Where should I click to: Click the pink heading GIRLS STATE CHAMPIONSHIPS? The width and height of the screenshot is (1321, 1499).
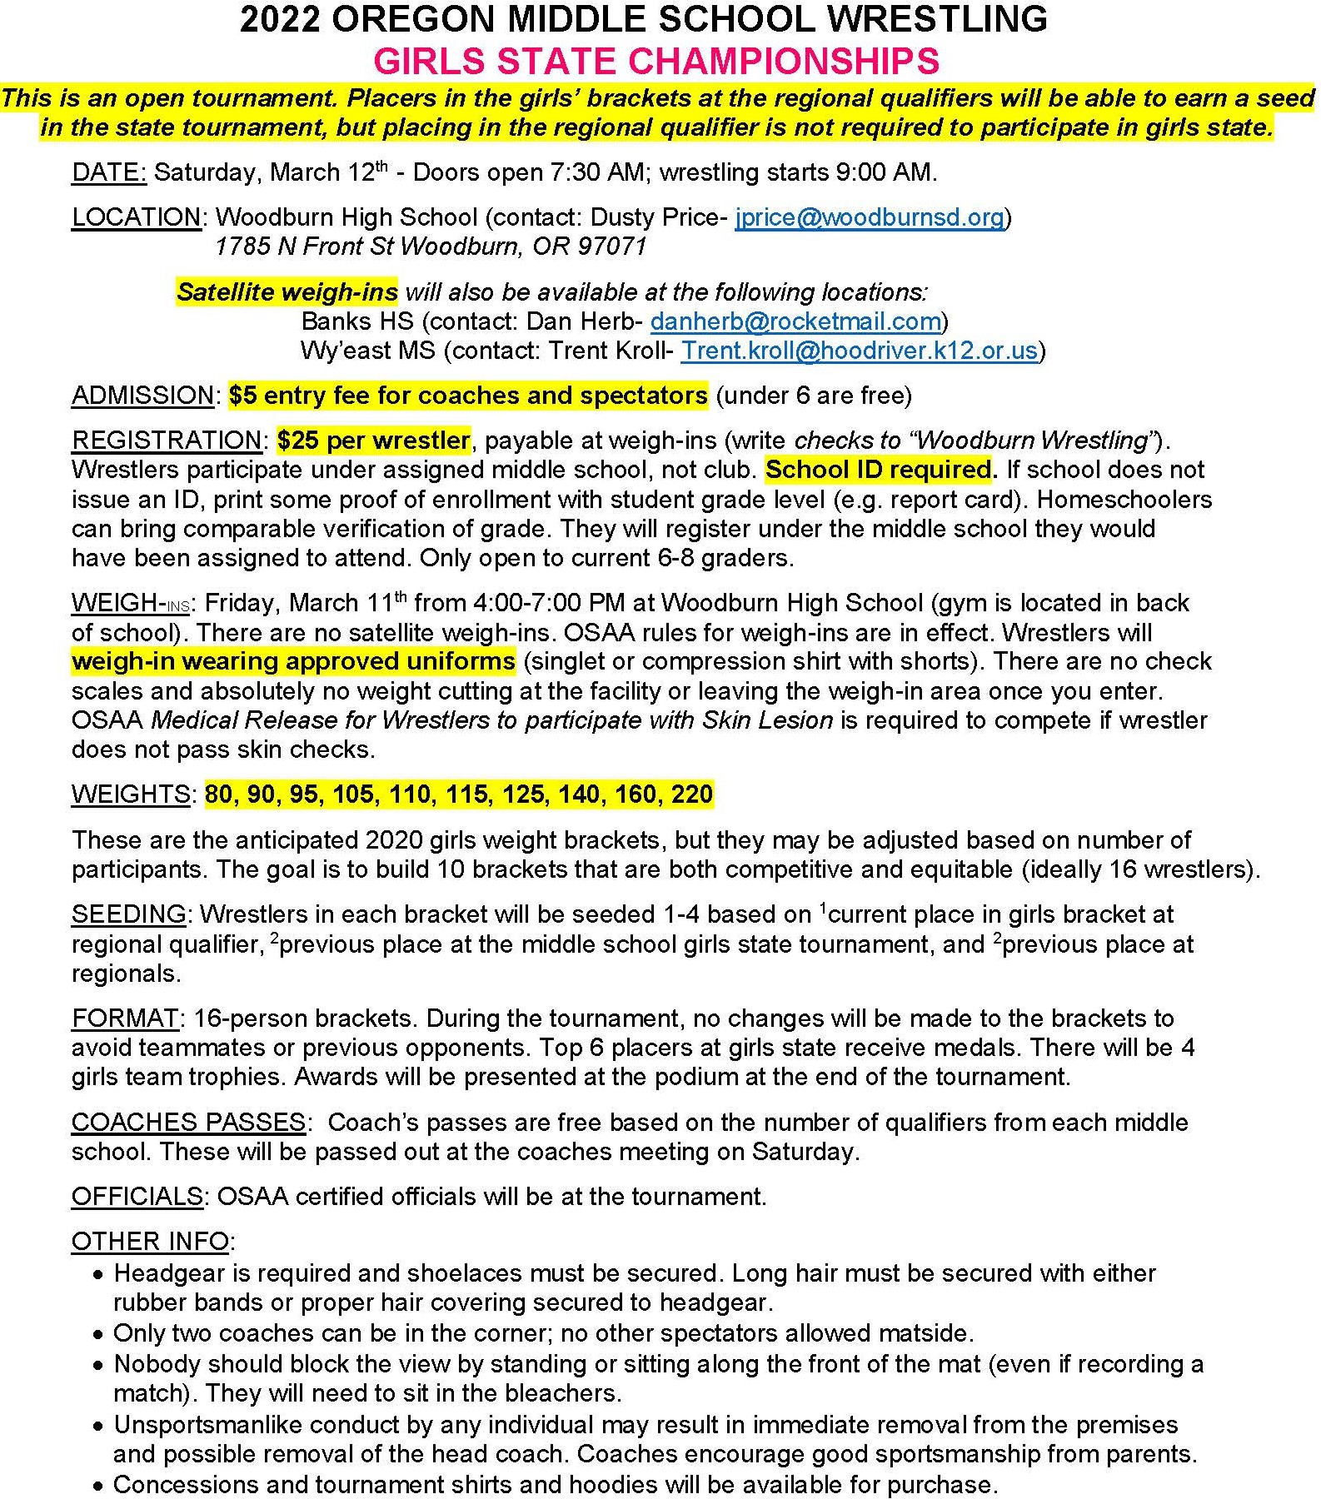pyautogui.click(x=656, y=62)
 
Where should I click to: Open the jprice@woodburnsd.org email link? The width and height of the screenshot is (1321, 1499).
pyautogui.click(x=869, y=217)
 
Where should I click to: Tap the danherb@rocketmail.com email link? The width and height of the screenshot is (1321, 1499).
pyautogui.click(x=795, y=321)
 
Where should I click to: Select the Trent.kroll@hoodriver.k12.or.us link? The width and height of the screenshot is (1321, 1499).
pyautogui.click(x=859, y=351)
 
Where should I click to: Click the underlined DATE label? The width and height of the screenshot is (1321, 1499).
pyautogui.click(x=108, y=172)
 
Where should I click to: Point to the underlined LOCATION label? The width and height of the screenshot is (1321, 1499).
pyautogui.click(x=136, y=217)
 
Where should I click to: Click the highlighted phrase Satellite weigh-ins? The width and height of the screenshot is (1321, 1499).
pyautogui.click(x=287, y=292)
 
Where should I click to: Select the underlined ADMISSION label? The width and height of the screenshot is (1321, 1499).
pyautogui.click(x=142, y=396)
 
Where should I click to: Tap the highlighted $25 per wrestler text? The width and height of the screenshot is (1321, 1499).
pyautogui.click(x=373, y=440)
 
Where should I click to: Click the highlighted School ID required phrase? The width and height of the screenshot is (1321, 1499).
pyautogui.click(x=878, y=470)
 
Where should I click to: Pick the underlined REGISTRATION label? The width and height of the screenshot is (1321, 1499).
pyautogui.click(x=166, y=440)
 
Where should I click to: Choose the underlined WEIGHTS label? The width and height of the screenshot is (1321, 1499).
pyautogui.click(x=131, y=794)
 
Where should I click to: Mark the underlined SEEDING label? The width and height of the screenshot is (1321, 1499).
pyautogui.click(x=128, y=914)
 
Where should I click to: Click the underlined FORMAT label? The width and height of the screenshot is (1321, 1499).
pyautogui.click(x=124, y=1018)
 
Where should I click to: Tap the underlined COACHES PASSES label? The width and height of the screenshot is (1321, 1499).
pyautogui.click(x=188, y=1123)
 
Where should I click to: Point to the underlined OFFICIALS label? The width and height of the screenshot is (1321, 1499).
pyautogui.click(x=137, y=1197)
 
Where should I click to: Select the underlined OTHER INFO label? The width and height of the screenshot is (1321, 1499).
pyautogui.click(x=150, y=1242)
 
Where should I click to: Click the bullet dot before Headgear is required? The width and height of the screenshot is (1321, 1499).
pyautogui.click(x=99, y=1275)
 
